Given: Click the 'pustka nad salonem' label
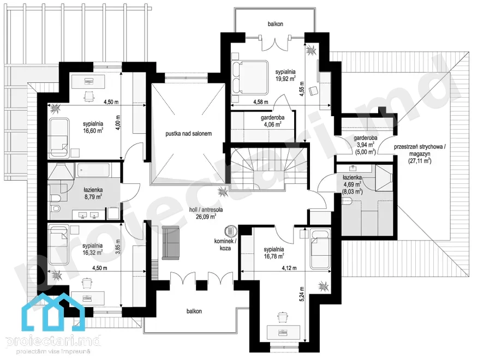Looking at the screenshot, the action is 188,134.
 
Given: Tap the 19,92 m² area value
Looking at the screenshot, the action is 285,79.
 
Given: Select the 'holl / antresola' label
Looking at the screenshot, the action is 206,209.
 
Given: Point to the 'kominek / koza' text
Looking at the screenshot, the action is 225,244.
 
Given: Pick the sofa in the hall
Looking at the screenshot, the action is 171,243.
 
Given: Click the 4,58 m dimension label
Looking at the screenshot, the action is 261,102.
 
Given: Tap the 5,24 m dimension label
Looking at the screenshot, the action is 302,294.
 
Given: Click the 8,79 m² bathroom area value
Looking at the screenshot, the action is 93,197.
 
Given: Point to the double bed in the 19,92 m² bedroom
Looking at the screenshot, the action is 250,77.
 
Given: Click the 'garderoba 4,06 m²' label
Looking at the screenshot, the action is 272,121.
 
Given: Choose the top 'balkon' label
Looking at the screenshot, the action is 275,24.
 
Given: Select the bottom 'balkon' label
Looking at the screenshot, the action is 194,311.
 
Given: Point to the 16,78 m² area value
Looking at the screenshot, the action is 274,256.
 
